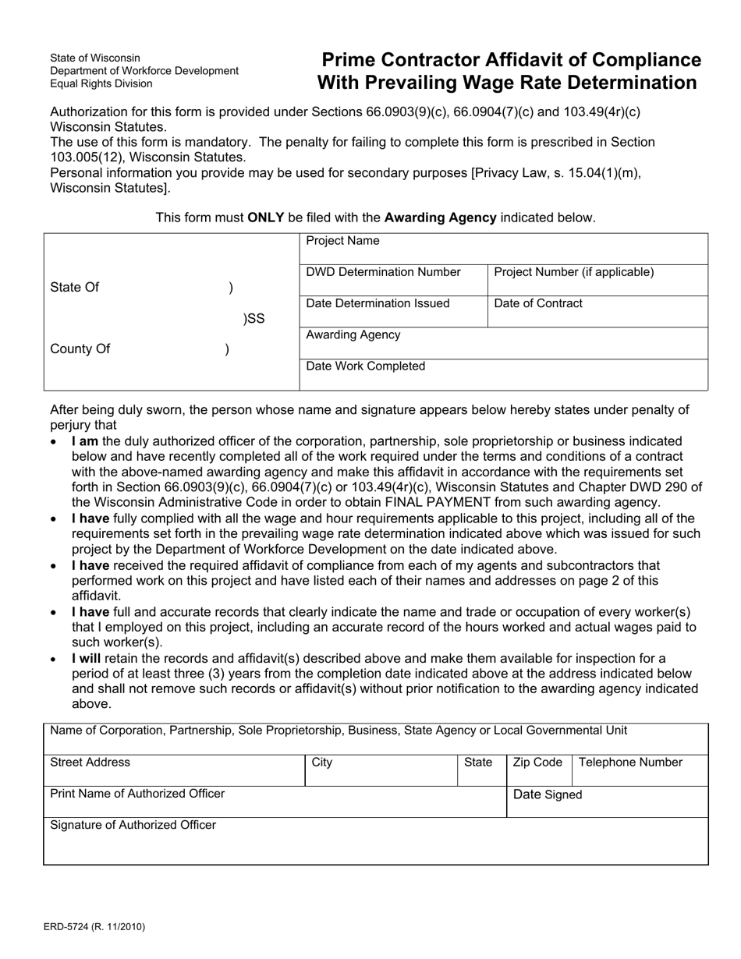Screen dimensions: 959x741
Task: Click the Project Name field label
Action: tap(342, 241)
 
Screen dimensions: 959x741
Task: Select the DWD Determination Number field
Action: tap(383, 272)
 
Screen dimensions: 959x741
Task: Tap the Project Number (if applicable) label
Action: tap(574, 272)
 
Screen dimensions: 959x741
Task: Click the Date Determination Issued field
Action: tap(378, 303)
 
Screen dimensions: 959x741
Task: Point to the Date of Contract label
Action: tap(538, 303)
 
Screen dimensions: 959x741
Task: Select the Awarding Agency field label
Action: tap(353, 334)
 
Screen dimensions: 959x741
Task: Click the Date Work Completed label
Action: tap(366, 366)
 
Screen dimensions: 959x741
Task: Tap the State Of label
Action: tap(74, 287)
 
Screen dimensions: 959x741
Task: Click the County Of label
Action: tap(80, 349)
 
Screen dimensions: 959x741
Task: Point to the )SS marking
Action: tap(254, 318)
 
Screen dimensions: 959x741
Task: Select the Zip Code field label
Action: tap(537, 763)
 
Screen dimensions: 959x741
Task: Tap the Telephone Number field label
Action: tap(630, 763)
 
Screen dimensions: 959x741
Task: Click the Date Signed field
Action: tap(548, 794)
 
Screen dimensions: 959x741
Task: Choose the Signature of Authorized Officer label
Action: tap(133, 825)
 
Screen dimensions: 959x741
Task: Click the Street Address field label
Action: tap(90, 763)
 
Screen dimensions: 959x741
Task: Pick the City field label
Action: tap(321, 763)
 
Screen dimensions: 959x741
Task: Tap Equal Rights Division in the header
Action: tap(101, 83)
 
